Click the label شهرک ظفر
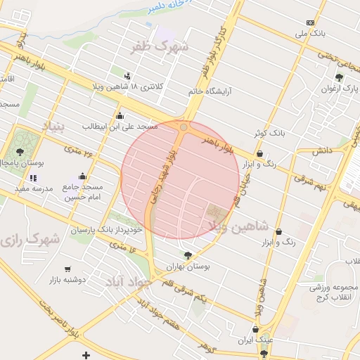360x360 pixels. pos(160,47)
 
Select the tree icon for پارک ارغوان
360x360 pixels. pos(339,77)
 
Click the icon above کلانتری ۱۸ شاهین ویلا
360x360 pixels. pos(127,76)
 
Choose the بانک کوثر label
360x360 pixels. pos(269,132)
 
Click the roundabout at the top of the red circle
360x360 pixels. pos(184,127)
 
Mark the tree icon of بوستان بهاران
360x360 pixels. pos(187,256)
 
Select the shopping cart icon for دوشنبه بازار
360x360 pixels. pos(67,269)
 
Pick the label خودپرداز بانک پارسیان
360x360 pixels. pos(107,230)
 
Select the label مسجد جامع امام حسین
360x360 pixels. pos(84,193)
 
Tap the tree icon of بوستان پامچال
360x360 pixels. pos(20,151)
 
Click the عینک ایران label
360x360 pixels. pos(255,340)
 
